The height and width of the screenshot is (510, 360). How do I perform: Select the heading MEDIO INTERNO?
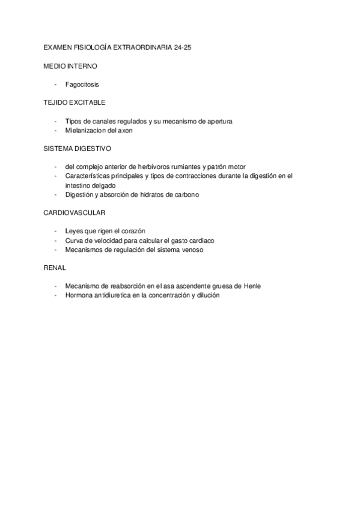tap(70, 66)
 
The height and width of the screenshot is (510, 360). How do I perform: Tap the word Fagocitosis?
tap(82, 85)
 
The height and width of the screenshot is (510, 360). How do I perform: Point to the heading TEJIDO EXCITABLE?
tap(75, 102)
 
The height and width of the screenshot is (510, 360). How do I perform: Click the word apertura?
tap(218, 121)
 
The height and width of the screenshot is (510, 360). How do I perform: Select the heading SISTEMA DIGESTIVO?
tap(77, 147)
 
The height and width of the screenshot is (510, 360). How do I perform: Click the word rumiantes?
tap(182, 167)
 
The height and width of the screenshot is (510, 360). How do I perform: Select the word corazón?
tap(132, 231)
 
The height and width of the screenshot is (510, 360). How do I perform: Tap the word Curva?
tap(75, 240)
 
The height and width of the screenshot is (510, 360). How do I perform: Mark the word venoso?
tap(190, 250)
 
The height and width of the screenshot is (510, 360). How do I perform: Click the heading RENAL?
tap(55, 268)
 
